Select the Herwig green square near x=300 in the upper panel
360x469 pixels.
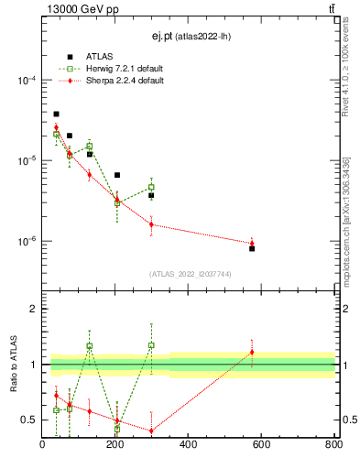coord(151,187)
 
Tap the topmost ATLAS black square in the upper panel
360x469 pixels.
coord(56,114)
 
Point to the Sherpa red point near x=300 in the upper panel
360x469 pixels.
coord(151,224)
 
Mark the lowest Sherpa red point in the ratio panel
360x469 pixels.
coord(151,431)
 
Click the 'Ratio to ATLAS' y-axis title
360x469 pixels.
coord(14,365)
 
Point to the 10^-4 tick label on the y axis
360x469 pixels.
coord(25,81)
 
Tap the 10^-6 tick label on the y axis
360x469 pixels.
coord(25,242)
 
